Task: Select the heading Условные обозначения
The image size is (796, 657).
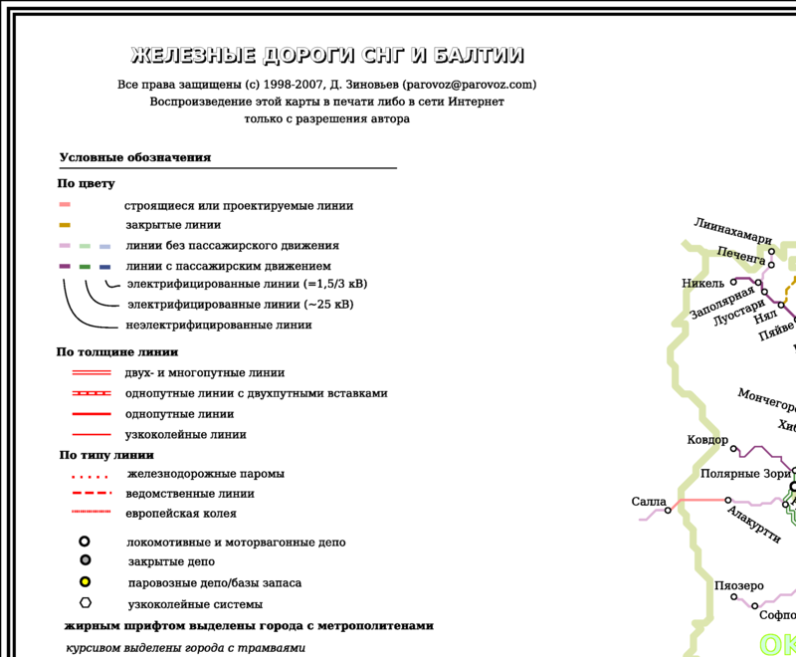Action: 134,157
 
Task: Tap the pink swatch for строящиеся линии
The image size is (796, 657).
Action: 64,205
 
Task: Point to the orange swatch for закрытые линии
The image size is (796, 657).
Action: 64,225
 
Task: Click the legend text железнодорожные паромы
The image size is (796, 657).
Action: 205,474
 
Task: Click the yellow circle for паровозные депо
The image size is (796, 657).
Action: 85,582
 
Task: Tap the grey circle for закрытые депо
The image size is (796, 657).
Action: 85,561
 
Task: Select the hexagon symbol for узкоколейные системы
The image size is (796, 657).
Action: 86,603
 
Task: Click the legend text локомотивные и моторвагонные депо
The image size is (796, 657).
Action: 236,543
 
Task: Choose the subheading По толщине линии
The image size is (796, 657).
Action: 116,351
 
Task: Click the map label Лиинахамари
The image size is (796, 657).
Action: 732,231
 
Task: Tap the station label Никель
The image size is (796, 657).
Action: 702,282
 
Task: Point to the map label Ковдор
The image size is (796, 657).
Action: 707,440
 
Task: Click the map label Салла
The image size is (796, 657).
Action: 648,502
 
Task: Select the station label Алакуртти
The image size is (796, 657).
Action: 753,525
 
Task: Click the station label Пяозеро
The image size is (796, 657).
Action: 738,585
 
